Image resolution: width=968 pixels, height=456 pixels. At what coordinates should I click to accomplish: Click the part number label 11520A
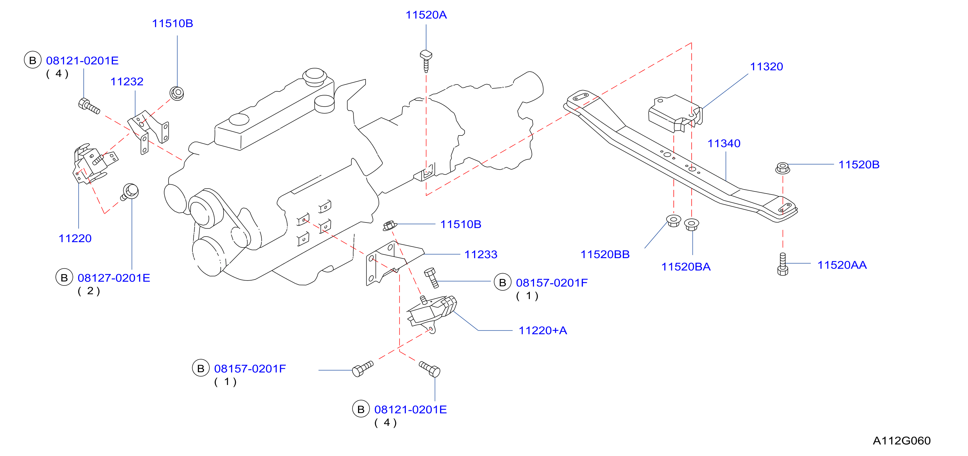[x=426, y=15]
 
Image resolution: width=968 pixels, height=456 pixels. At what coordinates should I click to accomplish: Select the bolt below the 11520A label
[x=426, y=61]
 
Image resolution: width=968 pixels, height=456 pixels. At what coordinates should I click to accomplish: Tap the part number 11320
[x=767, y=66]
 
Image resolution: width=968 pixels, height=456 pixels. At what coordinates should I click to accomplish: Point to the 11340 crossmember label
[x=724, y=143]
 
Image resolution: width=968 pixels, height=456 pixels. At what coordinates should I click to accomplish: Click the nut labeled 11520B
[x=782, y=168]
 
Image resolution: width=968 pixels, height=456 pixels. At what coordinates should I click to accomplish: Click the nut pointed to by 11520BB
[x=673, y=221]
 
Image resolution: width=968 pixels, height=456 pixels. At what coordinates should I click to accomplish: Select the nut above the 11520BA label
[x=692, y=225]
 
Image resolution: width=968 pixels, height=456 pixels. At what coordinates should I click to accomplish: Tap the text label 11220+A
[x=543, y=331]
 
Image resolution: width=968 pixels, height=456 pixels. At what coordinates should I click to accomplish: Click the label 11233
[x=481, y=255]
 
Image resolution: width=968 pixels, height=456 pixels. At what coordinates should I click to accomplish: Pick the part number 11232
[x=127, y=82]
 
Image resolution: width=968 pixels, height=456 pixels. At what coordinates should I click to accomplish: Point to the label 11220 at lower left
[x=75, y=238]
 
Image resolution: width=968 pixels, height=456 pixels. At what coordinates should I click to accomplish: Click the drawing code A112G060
[x=902, y=441]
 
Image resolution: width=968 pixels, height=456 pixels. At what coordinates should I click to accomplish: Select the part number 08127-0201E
[x=114, y=278]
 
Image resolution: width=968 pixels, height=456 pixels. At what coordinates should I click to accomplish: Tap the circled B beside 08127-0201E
[x=64, y=277]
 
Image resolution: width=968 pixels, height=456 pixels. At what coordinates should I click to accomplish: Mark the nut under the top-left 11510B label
[x=177, y=93]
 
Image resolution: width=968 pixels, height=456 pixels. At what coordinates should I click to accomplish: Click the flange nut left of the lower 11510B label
[x=389, y=226]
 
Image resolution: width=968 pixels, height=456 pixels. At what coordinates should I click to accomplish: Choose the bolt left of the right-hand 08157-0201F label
[x=431, y=278]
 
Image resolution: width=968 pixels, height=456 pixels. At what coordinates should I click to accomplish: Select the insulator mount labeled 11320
[x=675, y=113]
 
